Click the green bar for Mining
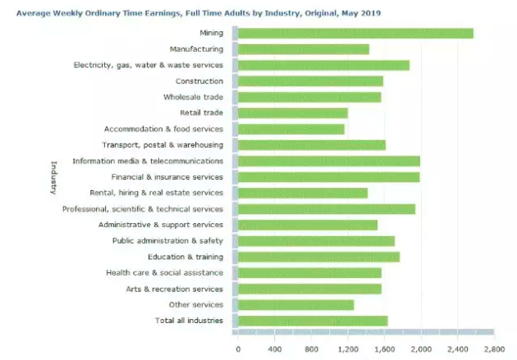tap(355, 33)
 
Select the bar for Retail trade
tap(293, 112)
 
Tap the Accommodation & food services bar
tap(291, 129)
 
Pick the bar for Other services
tap(295, 304)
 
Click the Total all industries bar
tap(313, 321)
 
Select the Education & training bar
tap(318, 257)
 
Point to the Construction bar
tap(310, 80)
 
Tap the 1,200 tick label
tap(348, 349)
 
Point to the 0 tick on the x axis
tap(238, 349)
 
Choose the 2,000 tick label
tap(420, 349)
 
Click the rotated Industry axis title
tap(51, 177)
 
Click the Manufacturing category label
tap(196, 49)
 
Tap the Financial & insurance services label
tap(167, 177)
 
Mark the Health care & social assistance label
tap(164, 272)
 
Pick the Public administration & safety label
tap(167, 240)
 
